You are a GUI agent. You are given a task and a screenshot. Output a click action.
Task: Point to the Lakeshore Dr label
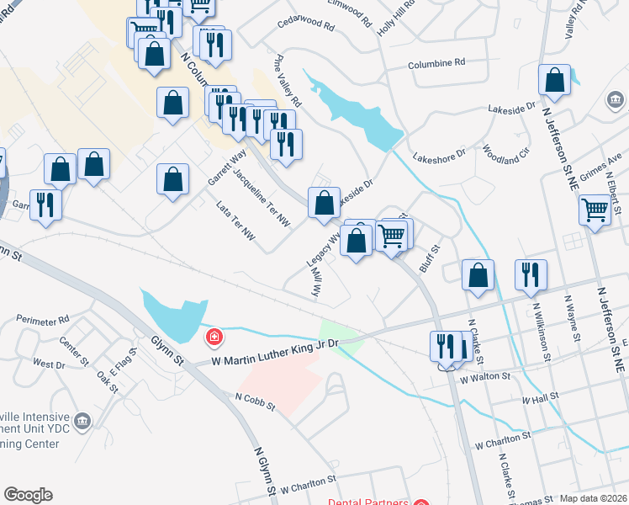[440, 157]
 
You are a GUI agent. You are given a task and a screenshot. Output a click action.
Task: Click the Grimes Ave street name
[602, 162]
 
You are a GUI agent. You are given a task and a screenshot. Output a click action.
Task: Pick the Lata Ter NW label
[235, 223]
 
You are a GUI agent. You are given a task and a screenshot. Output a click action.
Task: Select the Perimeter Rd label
[41, 322]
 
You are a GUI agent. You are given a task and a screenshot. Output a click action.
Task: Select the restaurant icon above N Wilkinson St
[531, 275]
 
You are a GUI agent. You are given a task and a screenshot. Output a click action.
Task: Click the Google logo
[29, 495]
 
